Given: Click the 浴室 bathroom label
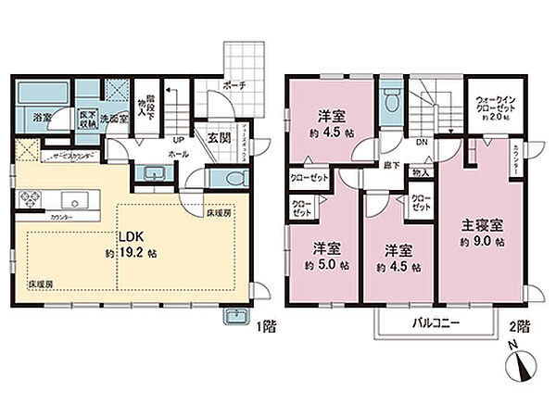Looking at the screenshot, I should click(42, 118).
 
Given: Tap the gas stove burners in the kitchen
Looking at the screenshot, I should click(27, 197).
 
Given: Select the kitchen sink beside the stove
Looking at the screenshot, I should click(72, 197).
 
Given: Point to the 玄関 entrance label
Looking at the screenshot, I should click(218, 137).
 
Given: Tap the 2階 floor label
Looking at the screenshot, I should click(520, 326).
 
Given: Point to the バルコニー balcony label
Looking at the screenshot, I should click(432, 323).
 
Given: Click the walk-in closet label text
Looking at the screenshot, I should click(493, 107).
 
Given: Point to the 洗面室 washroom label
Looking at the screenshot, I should click(114, 118).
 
